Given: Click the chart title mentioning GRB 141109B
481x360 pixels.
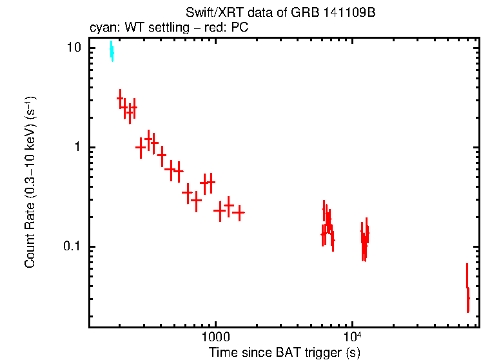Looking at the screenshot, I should point(280,14).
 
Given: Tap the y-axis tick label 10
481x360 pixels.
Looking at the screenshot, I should point(74,48).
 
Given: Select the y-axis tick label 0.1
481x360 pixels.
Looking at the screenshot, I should point(72,246).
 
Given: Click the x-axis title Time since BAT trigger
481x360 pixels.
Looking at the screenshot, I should point(284,353).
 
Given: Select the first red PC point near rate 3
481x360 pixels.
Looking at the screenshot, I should point(120,99).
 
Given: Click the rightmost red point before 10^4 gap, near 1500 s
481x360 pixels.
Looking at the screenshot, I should point(239,212).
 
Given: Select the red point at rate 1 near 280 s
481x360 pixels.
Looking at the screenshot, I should point(141,147).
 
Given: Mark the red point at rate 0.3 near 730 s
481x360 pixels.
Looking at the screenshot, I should point(197,200).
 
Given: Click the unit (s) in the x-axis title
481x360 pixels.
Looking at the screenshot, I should point(352,353).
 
